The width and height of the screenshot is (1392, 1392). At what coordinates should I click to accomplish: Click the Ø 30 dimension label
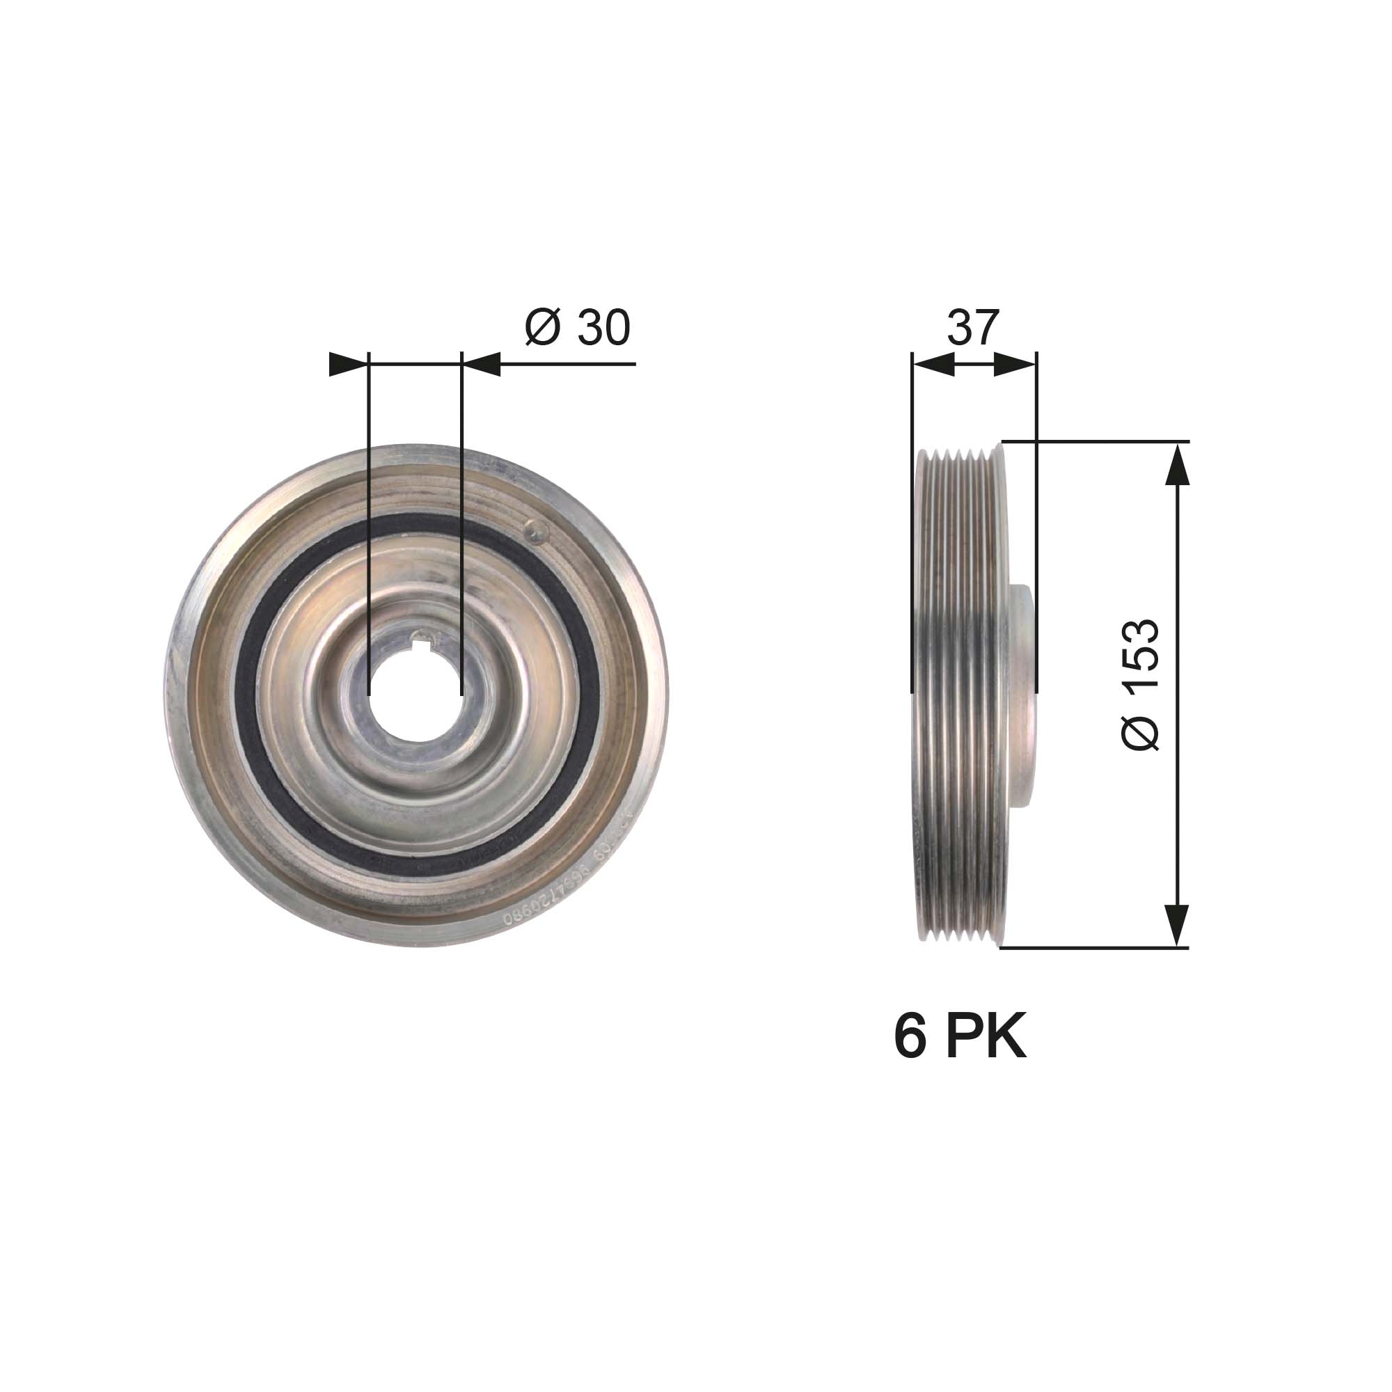pos(578,328)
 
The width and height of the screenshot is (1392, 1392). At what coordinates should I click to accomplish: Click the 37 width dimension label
pos(973,328)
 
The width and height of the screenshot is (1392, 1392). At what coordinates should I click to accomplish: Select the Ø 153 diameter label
pos(1141,684)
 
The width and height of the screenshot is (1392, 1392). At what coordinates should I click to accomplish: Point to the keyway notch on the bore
pos(424,638)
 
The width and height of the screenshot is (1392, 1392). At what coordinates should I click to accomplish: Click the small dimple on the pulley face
pos(535,531)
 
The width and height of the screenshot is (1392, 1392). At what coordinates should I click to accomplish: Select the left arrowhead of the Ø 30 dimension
pos(346,364)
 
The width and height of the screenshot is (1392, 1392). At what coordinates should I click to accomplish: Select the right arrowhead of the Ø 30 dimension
pos(482,364)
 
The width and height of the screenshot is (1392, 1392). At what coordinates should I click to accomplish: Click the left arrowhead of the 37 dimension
pos(933,365)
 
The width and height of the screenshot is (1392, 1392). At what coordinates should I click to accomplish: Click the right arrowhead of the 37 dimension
pos(1015,365)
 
